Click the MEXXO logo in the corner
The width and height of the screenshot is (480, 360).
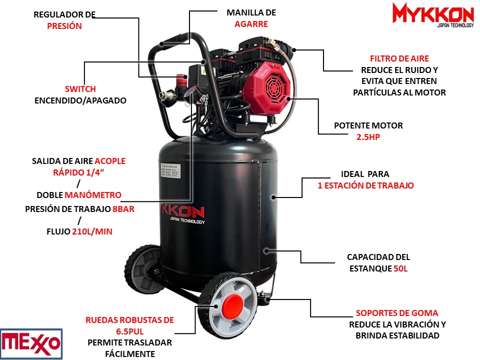pyautogui.click(x=31, y=344)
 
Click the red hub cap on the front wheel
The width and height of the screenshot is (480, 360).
pyautogui.click(x=232, y=304)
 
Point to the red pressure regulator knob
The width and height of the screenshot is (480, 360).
pyautogui.click(x=181, y=79)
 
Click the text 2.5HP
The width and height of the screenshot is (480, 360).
pyautogui.click(x=368, y=137)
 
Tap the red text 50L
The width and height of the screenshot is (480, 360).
pyautogui.click(x=400, y=268)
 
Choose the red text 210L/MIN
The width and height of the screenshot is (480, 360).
pyautogui.click(x=92, y=231)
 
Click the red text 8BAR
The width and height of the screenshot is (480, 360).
pyautogui.click(x=123, y=209)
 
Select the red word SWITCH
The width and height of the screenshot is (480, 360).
pyautogui.click(x=80, y=89)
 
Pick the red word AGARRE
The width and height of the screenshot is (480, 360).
pyautogui.click(x=251, y=24)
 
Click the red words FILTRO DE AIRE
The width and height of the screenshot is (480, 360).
pyautogui.click(x=399, y=58)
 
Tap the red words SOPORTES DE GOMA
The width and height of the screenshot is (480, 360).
pyautogui.click(x=396, y=313)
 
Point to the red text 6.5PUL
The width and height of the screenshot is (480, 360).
pyautogui.click(x=130, y=331)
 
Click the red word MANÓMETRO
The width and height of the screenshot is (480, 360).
pyautogui.click(x=93, y=195)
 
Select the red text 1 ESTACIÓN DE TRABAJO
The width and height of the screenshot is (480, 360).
pyautogui.click(x=365, y=185)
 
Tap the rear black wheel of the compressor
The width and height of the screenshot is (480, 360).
pyautogui.click(x=143, y=269)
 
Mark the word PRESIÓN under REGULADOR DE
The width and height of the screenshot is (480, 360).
pyautogui.click(x=64, y=26)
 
